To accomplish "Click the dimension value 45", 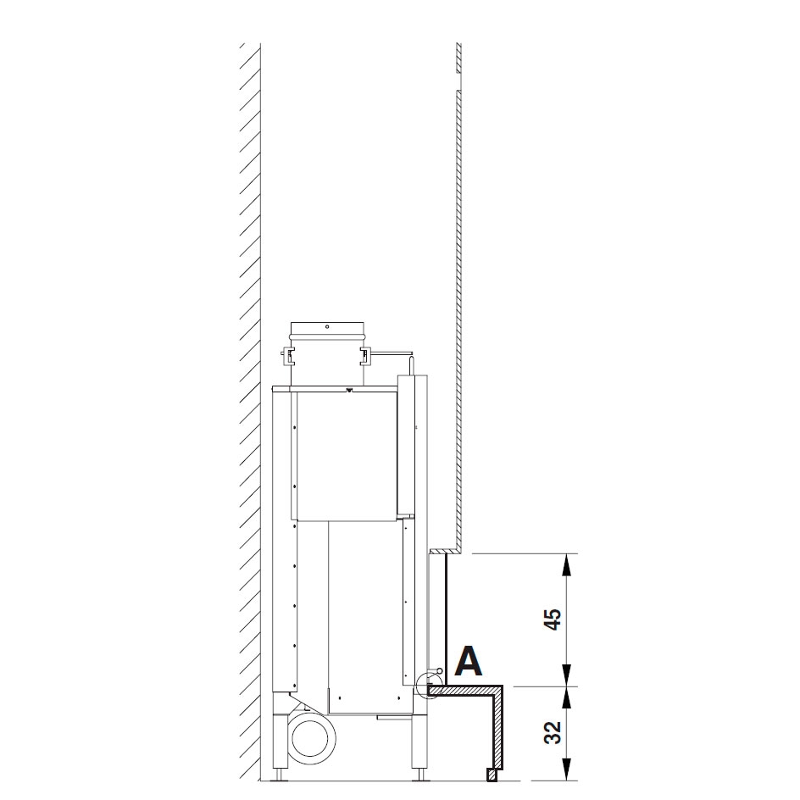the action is click(x=553, y=619).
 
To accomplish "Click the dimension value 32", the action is click(x=553, y=732).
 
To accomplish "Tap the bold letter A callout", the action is click(x=468, y=661).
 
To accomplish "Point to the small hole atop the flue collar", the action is click(x=327, y=326).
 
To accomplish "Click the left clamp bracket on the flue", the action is click(x=288, y=356).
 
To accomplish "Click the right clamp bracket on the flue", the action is click(x=366, y=356).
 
